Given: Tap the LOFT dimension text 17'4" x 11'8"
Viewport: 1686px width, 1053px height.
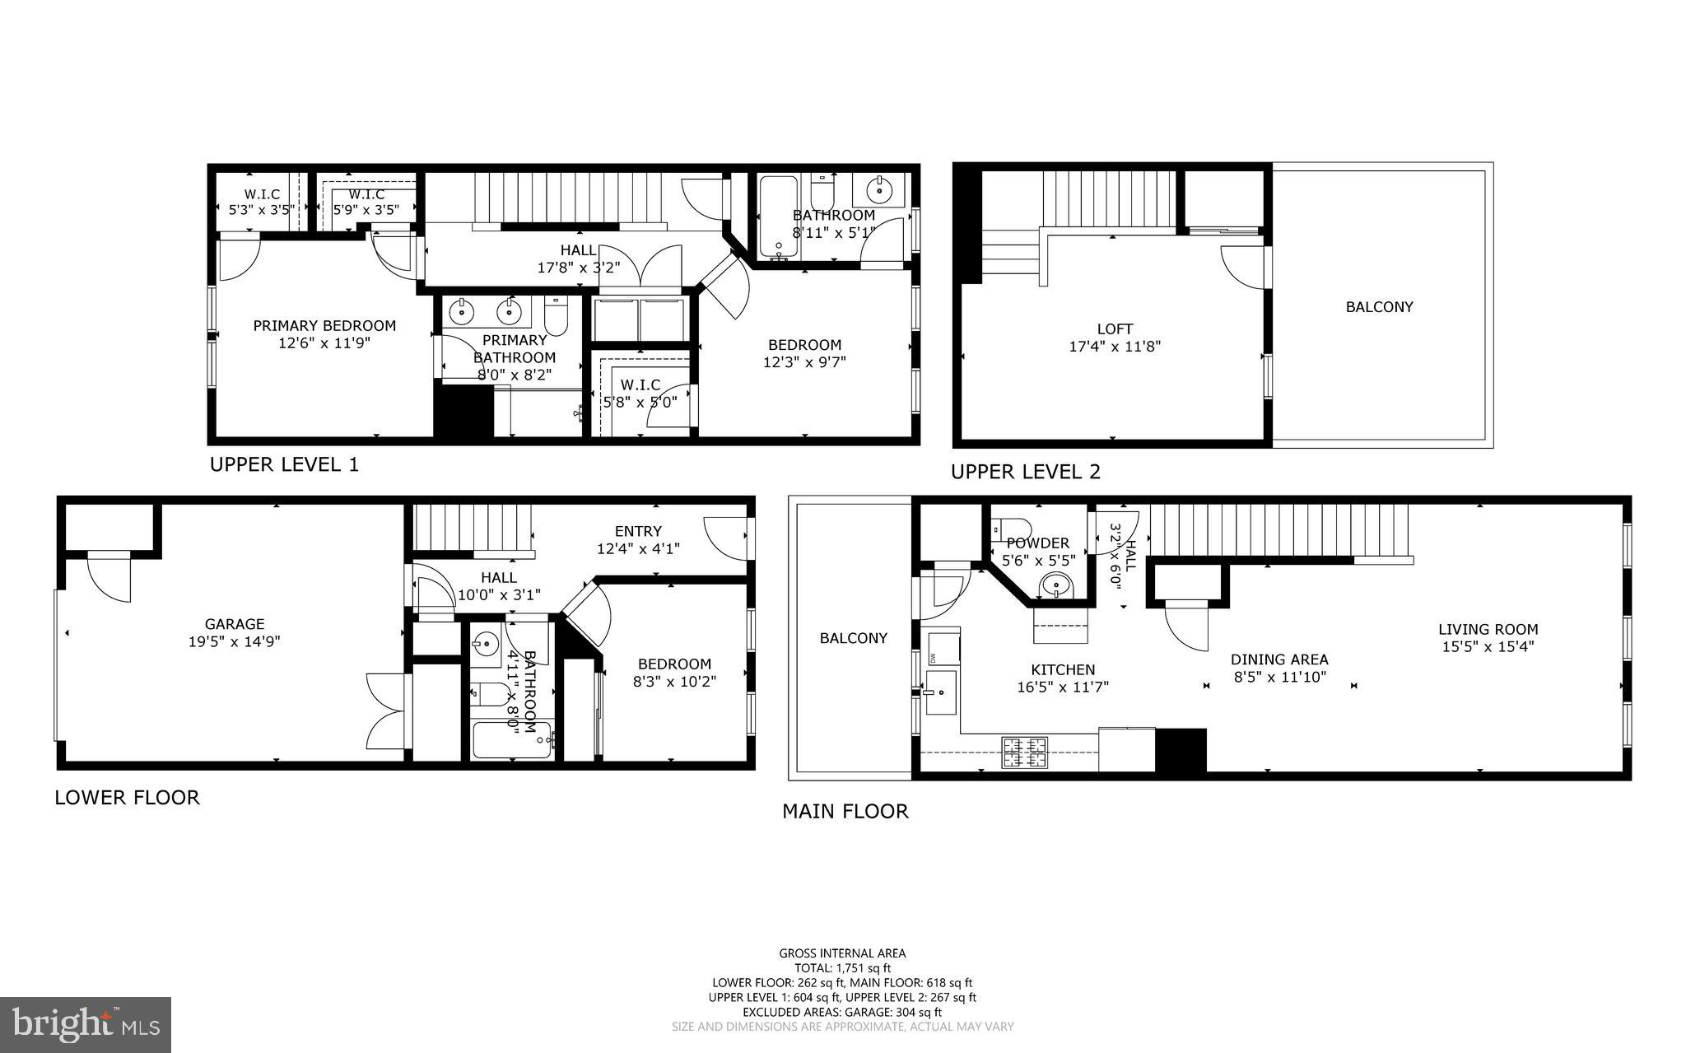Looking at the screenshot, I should [x=1114, y=347].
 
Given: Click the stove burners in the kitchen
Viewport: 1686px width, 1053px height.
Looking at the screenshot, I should [x=1024, y=751].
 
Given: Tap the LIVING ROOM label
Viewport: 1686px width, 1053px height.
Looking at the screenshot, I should [x=1488, y=630].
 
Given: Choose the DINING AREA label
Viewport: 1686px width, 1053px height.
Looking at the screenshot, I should [x=1279, y=659].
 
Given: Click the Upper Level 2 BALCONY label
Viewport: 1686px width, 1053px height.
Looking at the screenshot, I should [x=1379, y=307].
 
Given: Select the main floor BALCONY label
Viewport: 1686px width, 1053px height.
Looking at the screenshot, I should [x=853, y=638].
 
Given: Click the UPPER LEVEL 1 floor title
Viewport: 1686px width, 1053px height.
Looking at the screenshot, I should [x=284, y=464].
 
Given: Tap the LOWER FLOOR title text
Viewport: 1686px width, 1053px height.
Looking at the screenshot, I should [x=127, y=798].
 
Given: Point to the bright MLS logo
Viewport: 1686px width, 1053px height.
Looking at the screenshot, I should [x=86, y=1024].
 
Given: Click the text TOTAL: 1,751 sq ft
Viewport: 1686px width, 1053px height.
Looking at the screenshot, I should [x=842, y=968].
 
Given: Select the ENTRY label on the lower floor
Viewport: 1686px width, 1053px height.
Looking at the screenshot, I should [x=638, y=531].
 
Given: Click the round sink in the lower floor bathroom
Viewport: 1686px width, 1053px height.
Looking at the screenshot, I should [x=487, y=641].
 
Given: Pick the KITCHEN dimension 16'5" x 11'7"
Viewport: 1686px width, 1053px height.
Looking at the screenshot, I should [x=1063, y=687].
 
